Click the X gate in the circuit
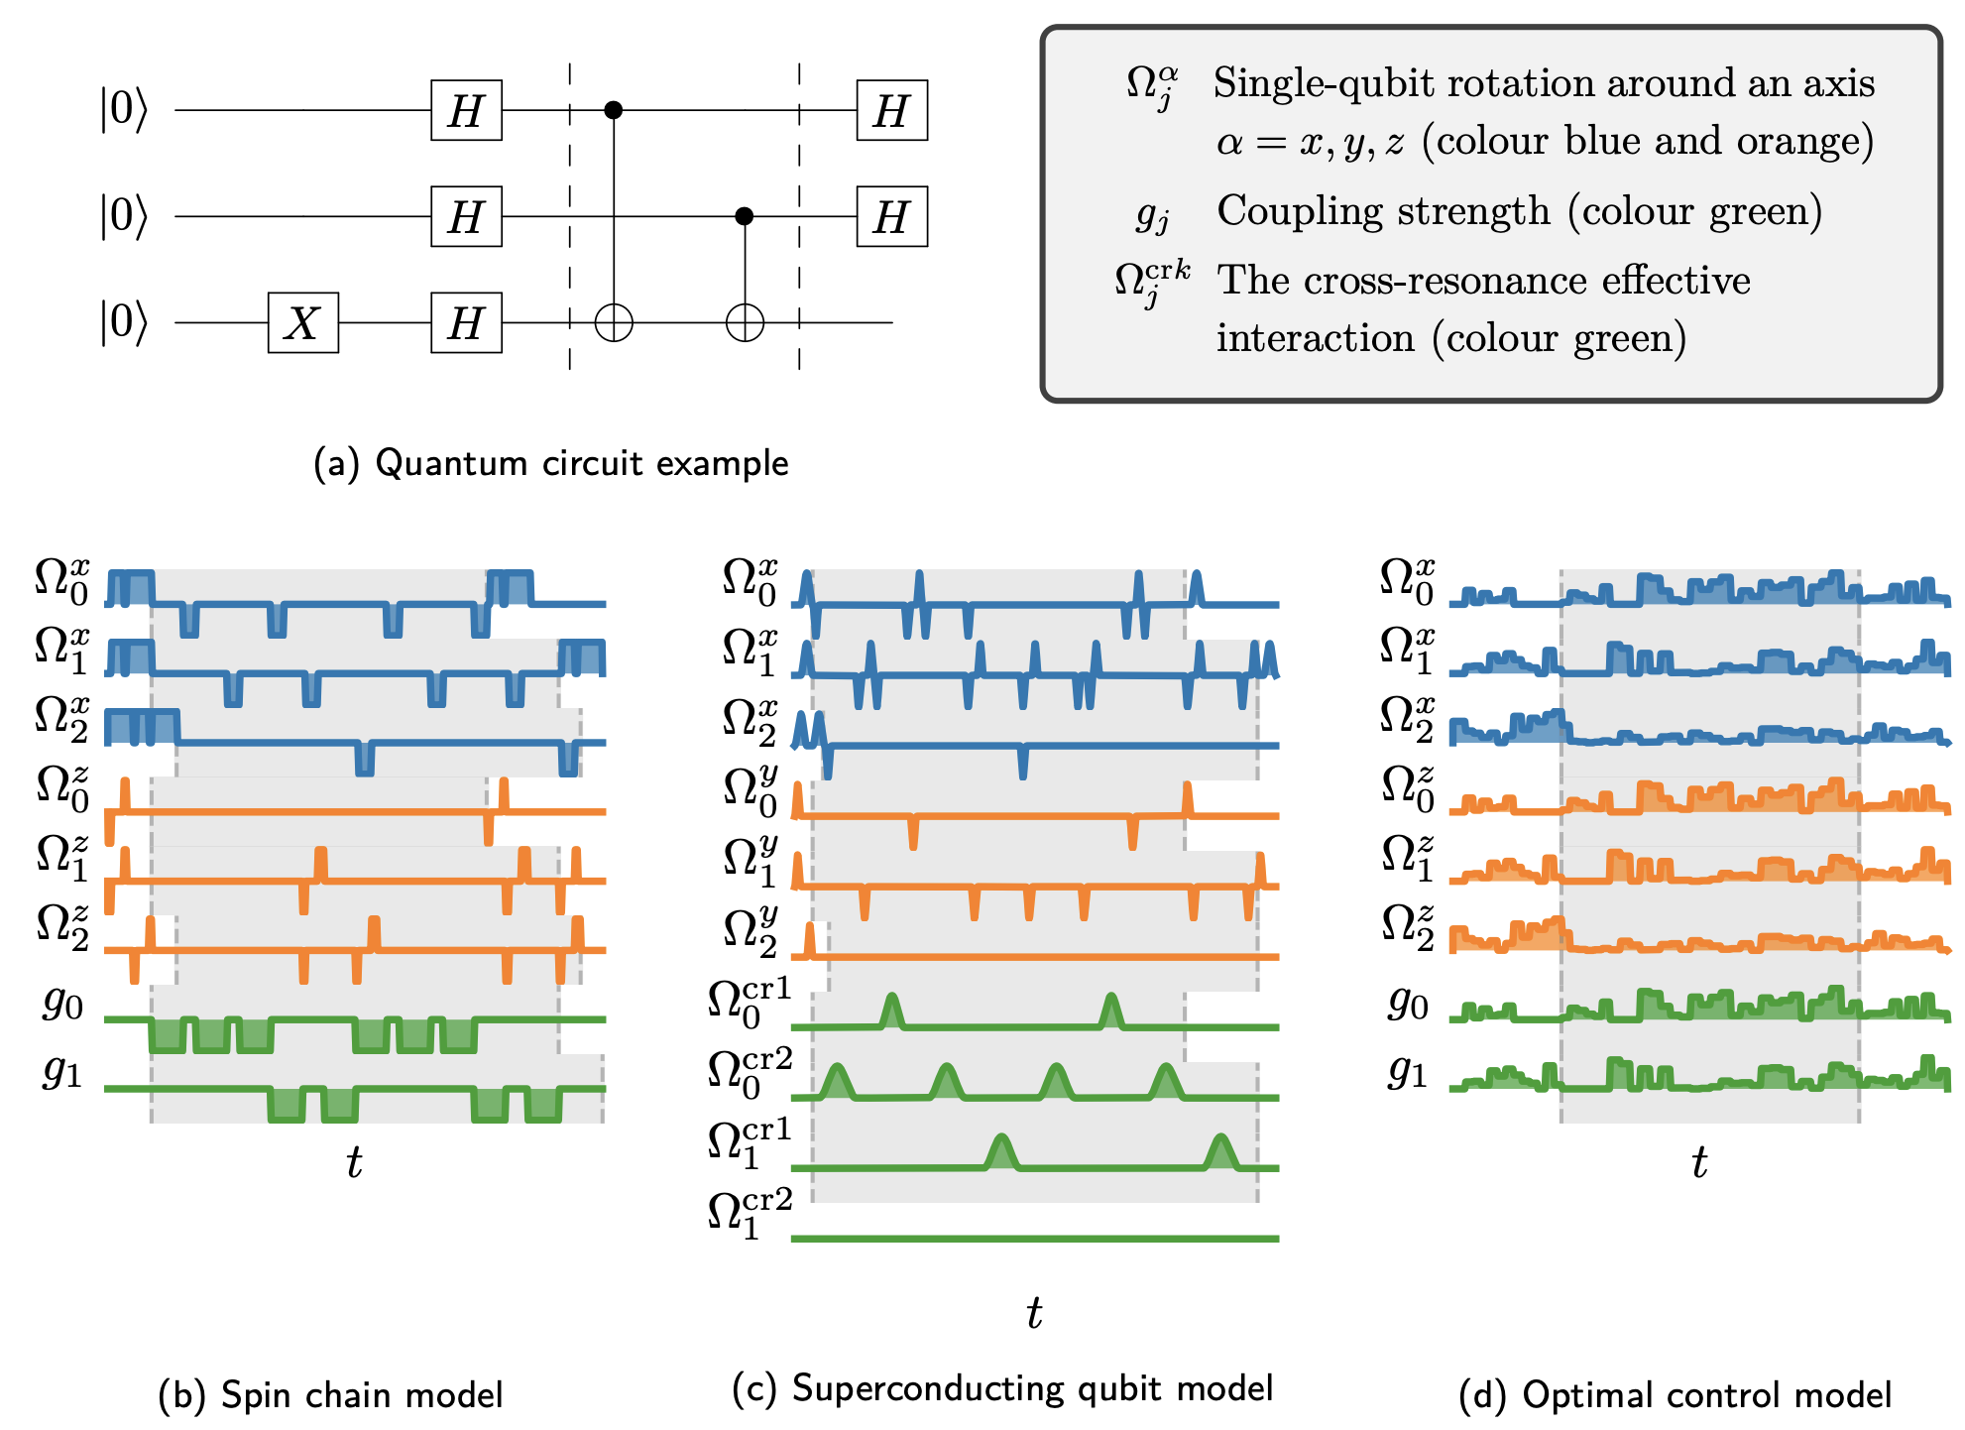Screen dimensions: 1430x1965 pyautogui.click(x=302, y=322)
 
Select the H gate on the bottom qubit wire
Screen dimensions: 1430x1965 pyautogui.click(x=466, y=322)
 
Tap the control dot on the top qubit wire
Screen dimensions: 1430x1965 pyautogui.click(x=614, y=109)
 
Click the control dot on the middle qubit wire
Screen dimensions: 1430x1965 pyautogui.click(x=745, y=216)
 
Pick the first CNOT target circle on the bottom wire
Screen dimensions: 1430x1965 pyautogui.click(x=614, y=322)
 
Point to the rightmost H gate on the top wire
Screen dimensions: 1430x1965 pyautogui.click(x=891, y=110)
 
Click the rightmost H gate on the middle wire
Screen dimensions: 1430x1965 pyautogui.click(x=891, y=216)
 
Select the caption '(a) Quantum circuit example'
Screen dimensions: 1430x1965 pyautogui.click(x=550, y=463)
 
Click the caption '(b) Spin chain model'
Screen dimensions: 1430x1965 pyautogui.click(x=330, y=1394)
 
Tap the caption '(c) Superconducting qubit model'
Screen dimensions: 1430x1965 pyautogui.click(x=1002, y=1388)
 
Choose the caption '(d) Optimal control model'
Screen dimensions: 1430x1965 pyautogui.click(x=1675, y=1394)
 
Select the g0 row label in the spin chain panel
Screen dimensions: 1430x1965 pyautogui.click(x=63, y=1005)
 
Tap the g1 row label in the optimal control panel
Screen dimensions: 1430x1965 pyautogui.click(x=1407, y=1072)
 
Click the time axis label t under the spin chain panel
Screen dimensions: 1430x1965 pyautogui.click(x=354, y=1162)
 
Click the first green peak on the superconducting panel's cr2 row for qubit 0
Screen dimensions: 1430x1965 pyautogui.click(x=838, y=1080)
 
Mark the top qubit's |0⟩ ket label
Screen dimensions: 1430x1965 pyautogui.click(x=123, y=109)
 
